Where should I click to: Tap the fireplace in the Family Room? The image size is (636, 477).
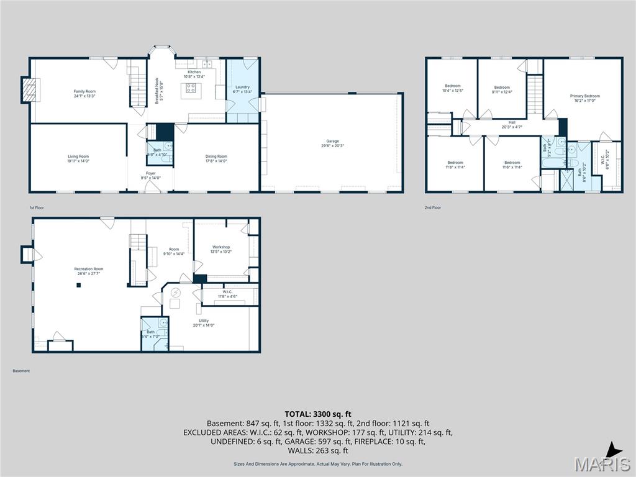tap(29, 90)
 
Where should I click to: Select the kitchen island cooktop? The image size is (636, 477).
tap(191, 88)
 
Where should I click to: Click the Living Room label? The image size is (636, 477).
tap(78, 158)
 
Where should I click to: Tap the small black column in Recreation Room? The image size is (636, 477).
tap(79, 285)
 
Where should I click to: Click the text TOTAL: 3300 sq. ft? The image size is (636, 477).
tap(318, 414)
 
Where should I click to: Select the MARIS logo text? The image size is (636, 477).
tap(602, 464)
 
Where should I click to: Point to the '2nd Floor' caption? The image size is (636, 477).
tap(433, 208)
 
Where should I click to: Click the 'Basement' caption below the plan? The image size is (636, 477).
tap(21, 371)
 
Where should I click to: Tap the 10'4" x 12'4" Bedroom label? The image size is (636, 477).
tap(452, 88)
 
